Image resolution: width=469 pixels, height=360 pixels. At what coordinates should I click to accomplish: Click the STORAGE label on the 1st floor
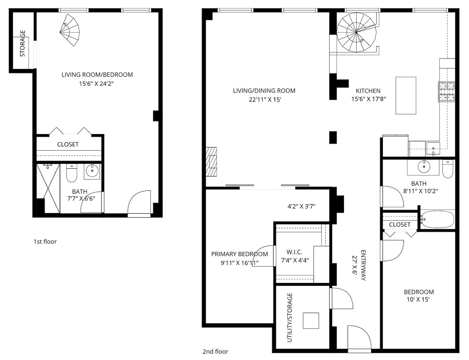(22, 43)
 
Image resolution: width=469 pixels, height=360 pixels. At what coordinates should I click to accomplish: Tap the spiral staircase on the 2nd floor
(356, 32)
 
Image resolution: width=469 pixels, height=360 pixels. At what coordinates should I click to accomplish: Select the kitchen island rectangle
(406, 96)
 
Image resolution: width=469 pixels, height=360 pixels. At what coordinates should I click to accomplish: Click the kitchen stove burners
(446, 92)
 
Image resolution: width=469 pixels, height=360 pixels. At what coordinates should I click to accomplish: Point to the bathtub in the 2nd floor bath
(438, 219)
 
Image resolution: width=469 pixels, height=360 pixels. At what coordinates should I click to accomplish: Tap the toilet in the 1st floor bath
(71, 173)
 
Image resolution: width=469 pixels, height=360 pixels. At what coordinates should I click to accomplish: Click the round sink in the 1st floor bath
(92, 171)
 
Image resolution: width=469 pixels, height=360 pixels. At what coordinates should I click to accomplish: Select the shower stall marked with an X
(48, 188)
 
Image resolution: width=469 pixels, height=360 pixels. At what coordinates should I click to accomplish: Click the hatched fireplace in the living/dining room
(211, 162)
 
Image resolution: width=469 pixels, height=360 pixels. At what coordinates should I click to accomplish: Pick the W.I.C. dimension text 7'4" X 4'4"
(295, 260)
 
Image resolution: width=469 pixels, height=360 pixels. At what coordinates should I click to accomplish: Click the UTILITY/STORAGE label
(289, 318)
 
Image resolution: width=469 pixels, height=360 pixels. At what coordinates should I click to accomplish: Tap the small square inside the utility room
(311, 321)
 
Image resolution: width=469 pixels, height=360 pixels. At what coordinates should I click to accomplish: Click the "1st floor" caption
(45, 242)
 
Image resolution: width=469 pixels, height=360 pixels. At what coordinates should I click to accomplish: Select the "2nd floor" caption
(215, 352)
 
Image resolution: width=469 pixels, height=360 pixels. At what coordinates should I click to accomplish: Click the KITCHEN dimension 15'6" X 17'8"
(368, 99)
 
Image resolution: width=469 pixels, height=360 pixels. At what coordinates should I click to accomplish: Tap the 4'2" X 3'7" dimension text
(301, 206)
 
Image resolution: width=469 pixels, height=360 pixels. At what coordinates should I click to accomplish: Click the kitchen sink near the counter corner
(433, 148)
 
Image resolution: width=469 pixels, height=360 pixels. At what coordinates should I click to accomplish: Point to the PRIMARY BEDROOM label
(239, 254)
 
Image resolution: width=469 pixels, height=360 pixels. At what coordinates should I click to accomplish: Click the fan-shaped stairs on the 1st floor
(70, 30)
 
